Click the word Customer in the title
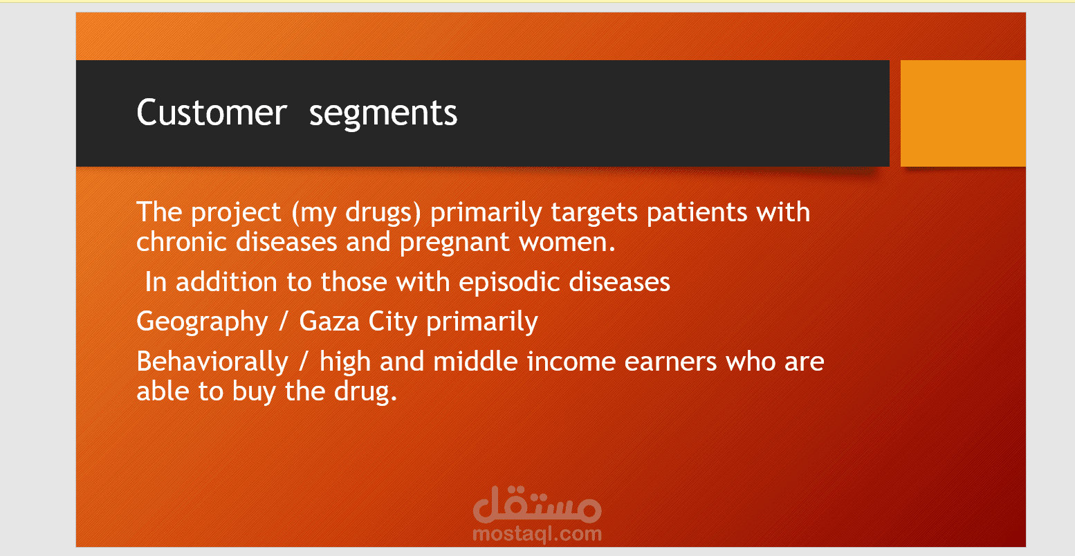(212, 113)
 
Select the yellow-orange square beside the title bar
(963, 113)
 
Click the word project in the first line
(236, 213)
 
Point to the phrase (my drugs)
(356, 213)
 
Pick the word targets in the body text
(594, 213)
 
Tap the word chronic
(181, 242)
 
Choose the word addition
(226, 281)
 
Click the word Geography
(202, 322)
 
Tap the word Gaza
(329, 322)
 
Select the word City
(392, 322)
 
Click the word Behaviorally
(212, 362)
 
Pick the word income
(571, 362)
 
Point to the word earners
(670, 362)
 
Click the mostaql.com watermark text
(537, 533)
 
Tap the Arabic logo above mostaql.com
(537, 505)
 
